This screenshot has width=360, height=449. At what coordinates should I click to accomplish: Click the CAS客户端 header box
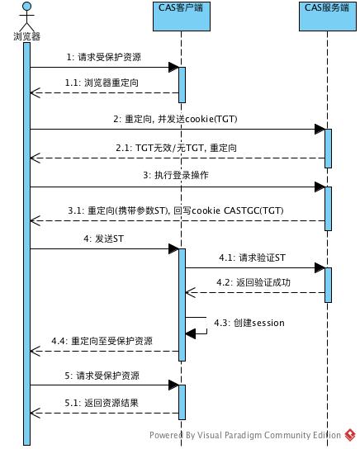182,17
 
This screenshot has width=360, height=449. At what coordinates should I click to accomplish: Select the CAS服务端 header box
327,17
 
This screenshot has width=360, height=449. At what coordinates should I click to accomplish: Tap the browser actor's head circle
27,6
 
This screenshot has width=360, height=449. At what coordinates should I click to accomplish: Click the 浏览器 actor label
27,36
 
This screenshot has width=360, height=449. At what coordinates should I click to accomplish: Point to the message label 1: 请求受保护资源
104,57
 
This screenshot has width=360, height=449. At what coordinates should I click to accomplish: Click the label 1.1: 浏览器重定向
102,83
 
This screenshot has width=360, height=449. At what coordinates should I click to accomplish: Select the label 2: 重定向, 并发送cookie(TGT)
175,119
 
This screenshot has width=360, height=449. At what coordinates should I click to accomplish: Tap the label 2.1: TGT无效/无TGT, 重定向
177,148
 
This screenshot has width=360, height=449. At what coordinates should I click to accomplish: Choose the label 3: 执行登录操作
176,175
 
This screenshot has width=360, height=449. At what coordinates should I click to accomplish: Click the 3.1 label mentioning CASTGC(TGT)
176,210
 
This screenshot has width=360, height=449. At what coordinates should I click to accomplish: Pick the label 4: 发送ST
103,239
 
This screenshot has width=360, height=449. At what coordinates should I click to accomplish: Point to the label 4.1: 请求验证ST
253,258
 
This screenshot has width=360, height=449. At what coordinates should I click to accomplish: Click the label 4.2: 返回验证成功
253,282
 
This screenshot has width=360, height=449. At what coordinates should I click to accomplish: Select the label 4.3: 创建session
249,323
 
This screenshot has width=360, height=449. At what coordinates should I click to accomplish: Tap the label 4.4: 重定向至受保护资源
102,341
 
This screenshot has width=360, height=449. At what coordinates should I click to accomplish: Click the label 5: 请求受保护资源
102,376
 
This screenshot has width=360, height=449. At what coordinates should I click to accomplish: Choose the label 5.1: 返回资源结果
102,403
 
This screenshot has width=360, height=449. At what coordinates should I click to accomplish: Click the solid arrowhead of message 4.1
320,268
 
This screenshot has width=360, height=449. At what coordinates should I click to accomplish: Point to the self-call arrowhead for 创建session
191,333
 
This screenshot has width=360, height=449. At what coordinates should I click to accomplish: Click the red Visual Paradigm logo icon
350,435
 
